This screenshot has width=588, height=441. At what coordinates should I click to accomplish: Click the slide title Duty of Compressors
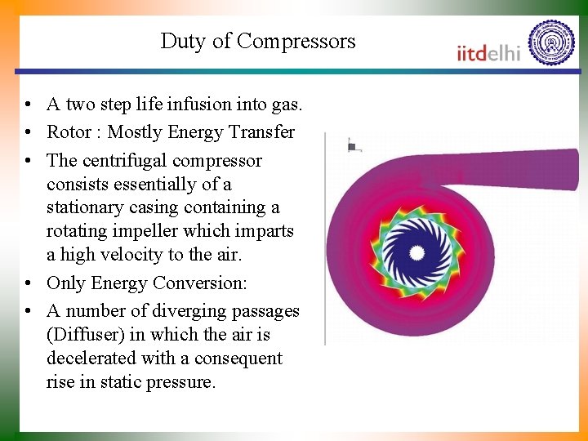(258, 42)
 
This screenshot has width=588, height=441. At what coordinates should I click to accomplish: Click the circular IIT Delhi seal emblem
(551, 42)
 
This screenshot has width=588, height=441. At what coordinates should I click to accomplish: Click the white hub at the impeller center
(417, 253)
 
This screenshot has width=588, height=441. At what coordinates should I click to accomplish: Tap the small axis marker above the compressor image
(353, 147)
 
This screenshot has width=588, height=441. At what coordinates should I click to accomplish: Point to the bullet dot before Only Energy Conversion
(29, 284)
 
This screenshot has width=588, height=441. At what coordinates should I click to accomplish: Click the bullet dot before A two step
(29, 105)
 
